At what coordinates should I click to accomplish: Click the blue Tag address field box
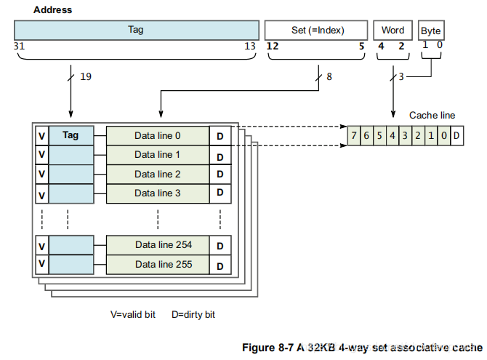click(x=136, y=30)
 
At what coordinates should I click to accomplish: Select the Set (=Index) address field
click(x=316, y=30)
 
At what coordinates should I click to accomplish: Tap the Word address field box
click(x=393, y=30)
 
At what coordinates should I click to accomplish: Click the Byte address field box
click(x=431, y=31)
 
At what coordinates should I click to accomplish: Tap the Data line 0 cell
click(x=158, y=135)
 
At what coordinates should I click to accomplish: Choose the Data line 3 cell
click(x=158, y=193)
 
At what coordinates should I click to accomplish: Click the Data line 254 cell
click(x=158, y=245)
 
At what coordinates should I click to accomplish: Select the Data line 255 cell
click(x=158, y=264)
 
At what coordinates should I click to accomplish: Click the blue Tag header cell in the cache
click(x=71, y=135)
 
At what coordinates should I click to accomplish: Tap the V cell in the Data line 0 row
click(x=41, y=135)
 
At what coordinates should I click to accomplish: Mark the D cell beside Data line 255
click(x=220, y=265)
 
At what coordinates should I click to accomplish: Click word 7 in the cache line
click(x=353, y=136)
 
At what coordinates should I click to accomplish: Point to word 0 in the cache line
click(x=444, y=136)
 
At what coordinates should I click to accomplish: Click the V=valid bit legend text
click(x=134, y=315)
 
